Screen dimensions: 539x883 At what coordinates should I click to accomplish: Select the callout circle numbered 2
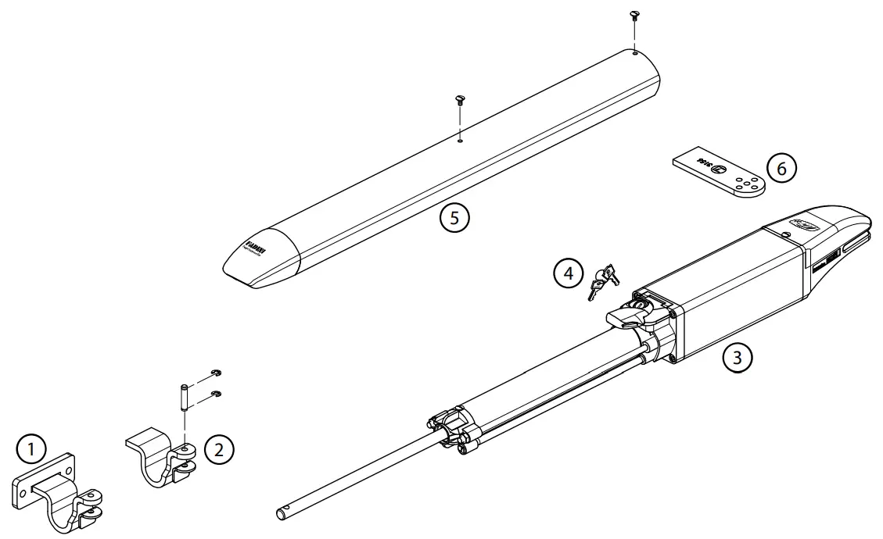pos(219,448)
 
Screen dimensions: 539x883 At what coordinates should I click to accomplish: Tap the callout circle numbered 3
pos(738,359)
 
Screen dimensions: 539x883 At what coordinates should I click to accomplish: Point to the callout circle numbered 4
pos(568,273)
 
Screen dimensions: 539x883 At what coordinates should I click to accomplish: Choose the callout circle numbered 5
pos(454,217)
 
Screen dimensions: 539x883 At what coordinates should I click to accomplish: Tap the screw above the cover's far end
pos(634,17)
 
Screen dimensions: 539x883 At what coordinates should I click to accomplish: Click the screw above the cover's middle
pos(460,99)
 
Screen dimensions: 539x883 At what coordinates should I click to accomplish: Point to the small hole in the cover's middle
pos(461,141)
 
